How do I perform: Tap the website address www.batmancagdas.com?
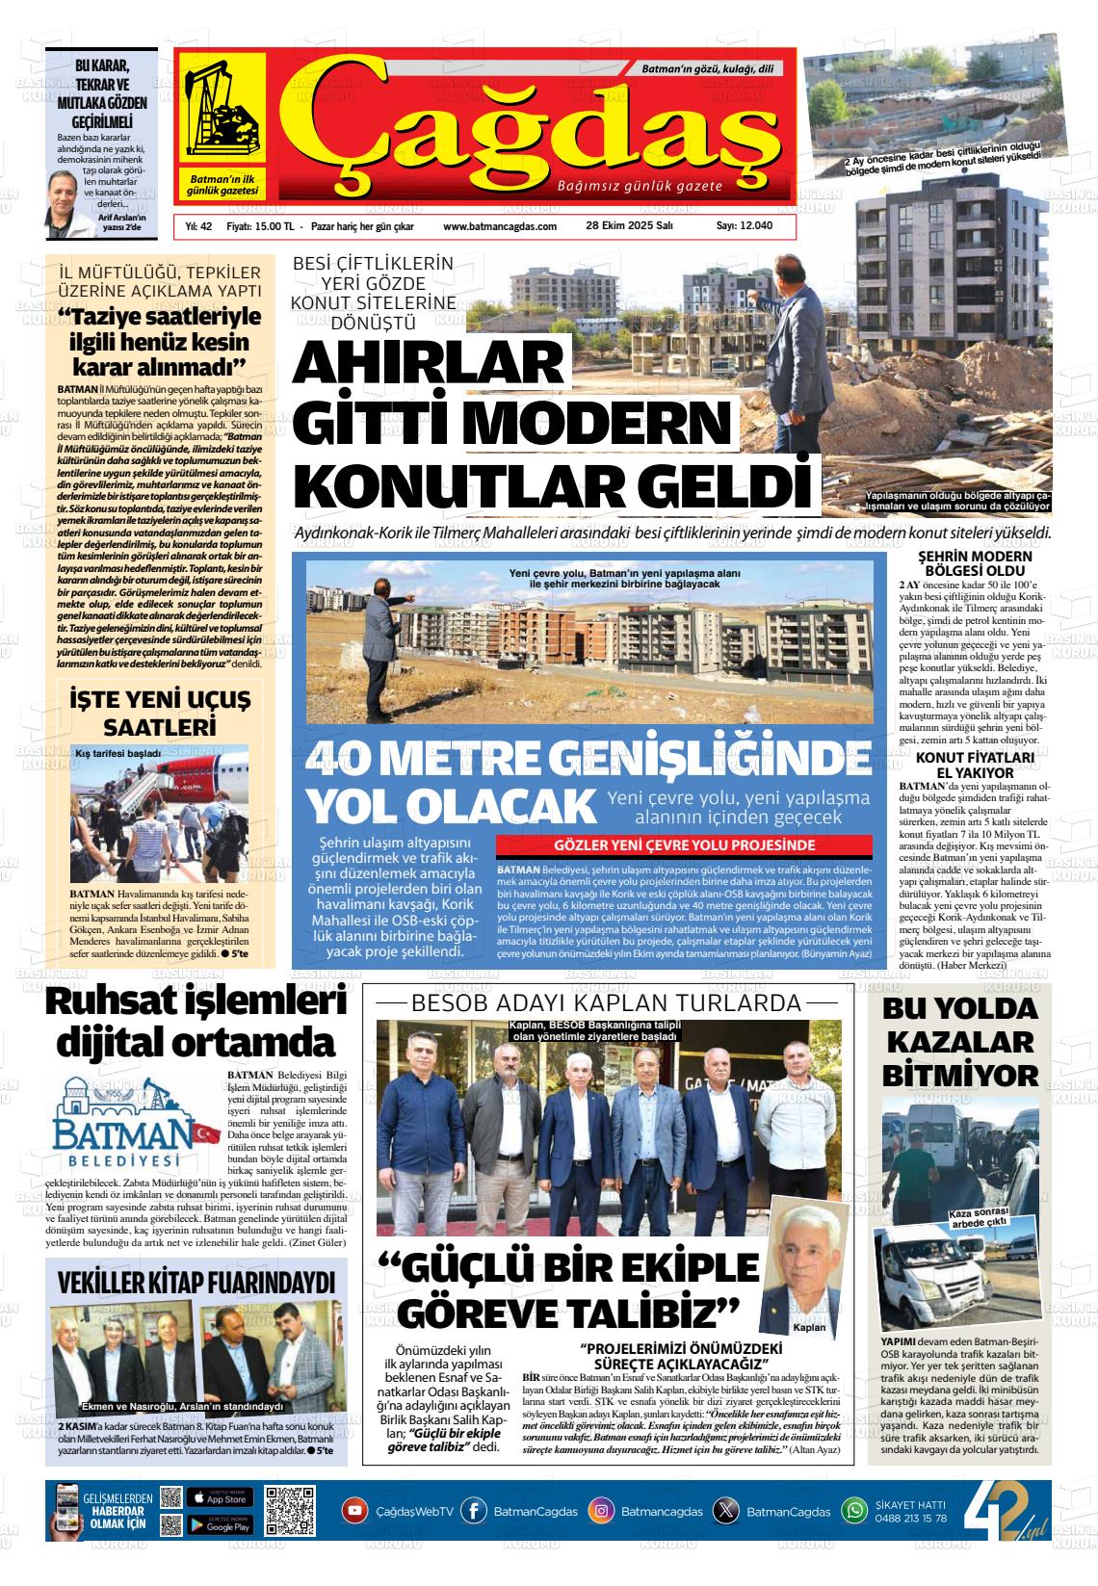(x=500, y=226)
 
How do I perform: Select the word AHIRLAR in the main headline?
(x=427, y=365)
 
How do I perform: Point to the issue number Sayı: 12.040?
(x=744, y=226)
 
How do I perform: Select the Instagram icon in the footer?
(x=602, y=1511)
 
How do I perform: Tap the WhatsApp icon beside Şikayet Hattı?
(x=854, y=1510)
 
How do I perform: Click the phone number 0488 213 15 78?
(x=910, y=1519)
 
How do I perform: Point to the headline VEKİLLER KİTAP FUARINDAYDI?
(x=196, y=1282)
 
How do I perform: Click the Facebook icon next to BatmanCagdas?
(x=474, y=1511)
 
